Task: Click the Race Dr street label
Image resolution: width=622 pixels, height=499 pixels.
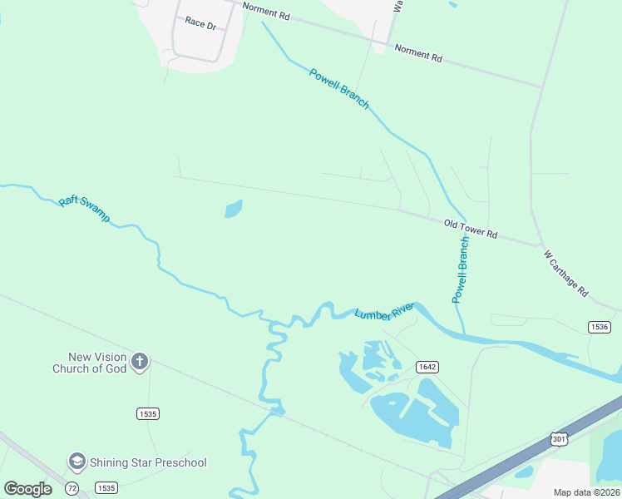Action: pos(200,24)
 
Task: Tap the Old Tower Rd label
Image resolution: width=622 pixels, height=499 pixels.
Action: pos(471,229)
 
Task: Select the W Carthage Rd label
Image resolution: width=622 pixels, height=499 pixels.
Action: pos(565,274)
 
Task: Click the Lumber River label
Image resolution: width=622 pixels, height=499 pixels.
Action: pos(384,312)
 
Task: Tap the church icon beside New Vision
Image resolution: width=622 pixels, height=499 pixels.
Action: pos(140,362)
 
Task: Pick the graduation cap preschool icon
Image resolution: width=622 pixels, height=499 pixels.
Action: pos(77,462)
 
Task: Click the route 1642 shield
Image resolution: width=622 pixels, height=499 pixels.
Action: pos(427,367)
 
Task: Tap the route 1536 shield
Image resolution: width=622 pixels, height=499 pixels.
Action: pos(599,327)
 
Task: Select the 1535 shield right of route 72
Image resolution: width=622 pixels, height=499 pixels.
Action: pos(106,487)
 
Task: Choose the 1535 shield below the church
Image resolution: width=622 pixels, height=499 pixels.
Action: pos(148,413)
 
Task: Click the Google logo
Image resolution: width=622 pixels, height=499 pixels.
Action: pos(28,489)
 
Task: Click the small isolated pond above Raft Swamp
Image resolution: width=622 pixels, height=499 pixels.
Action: pos(234,208)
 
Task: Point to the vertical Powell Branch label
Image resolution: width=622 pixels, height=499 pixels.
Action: pos(461,269)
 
